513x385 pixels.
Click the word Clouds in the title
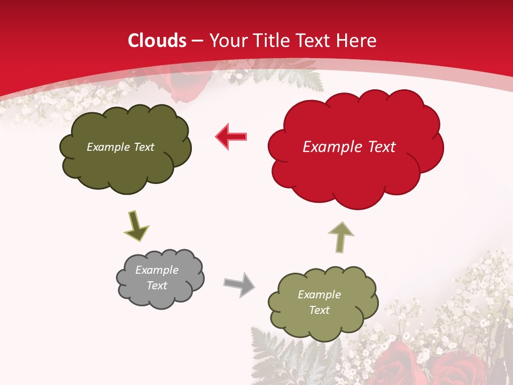coord(157,41)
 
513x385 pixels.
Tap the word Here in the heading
coord(357,41)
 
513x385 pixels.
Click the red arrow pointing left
coord(231,137)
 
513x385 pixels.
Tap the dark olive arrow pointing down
coord(136,226)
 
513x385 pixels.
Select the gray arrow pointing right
coord(239,283)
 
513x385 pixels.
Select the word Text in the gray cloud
coord(157,286)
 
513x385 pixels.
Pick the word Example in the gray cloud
coord(157,270)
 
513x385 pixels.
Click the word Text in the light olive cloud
coord(319,310)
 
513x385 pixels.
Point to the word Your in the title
coord(226,41)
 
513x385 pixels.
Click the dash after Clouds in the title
coord(197,41)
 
